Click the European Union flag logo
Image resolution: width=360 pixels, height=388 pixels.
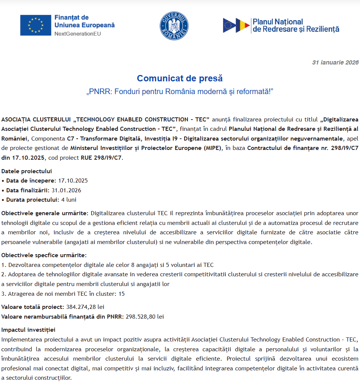pyautogui.click(x=36, y=25)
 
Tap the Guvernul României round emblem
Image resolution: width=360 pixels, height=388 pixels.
pyautogui.click(x=174, y=25)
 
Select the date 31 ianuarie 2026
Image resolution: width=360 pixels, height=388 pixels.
pyautogui.click(x=335, y=63)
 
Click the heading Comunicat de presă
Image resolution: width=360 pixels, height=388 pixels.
pyautogui.click(x=180, y=78)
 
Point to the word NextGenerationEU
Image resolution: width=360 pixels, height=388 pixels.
pyautogui.click(x=78, y=34)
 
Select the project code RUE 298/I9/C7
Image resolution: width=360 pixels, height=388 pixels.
pyautogui.click(x=101, y=157)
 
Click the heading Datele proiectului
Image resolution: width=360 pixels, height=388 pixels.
pyautogui.click(x=27, y=171)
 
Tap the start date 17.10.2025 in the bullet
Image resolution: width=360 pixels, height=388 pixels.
pyautogui.click(x=73, y=181)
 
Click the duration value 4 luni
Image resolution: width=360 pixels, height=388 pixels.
pyautogui.click(x=69, y=199)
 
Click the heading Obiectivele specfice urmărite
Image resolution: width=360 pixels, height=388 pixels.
pyautogui.click(x=44, y=255)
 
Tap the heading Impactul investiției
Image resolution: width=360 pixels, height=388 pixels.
pyautogui.click(x=28, y=330)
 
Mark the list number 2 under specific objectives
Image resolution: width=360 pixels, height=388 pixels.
pyautogui.click(x=3, y=274)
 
